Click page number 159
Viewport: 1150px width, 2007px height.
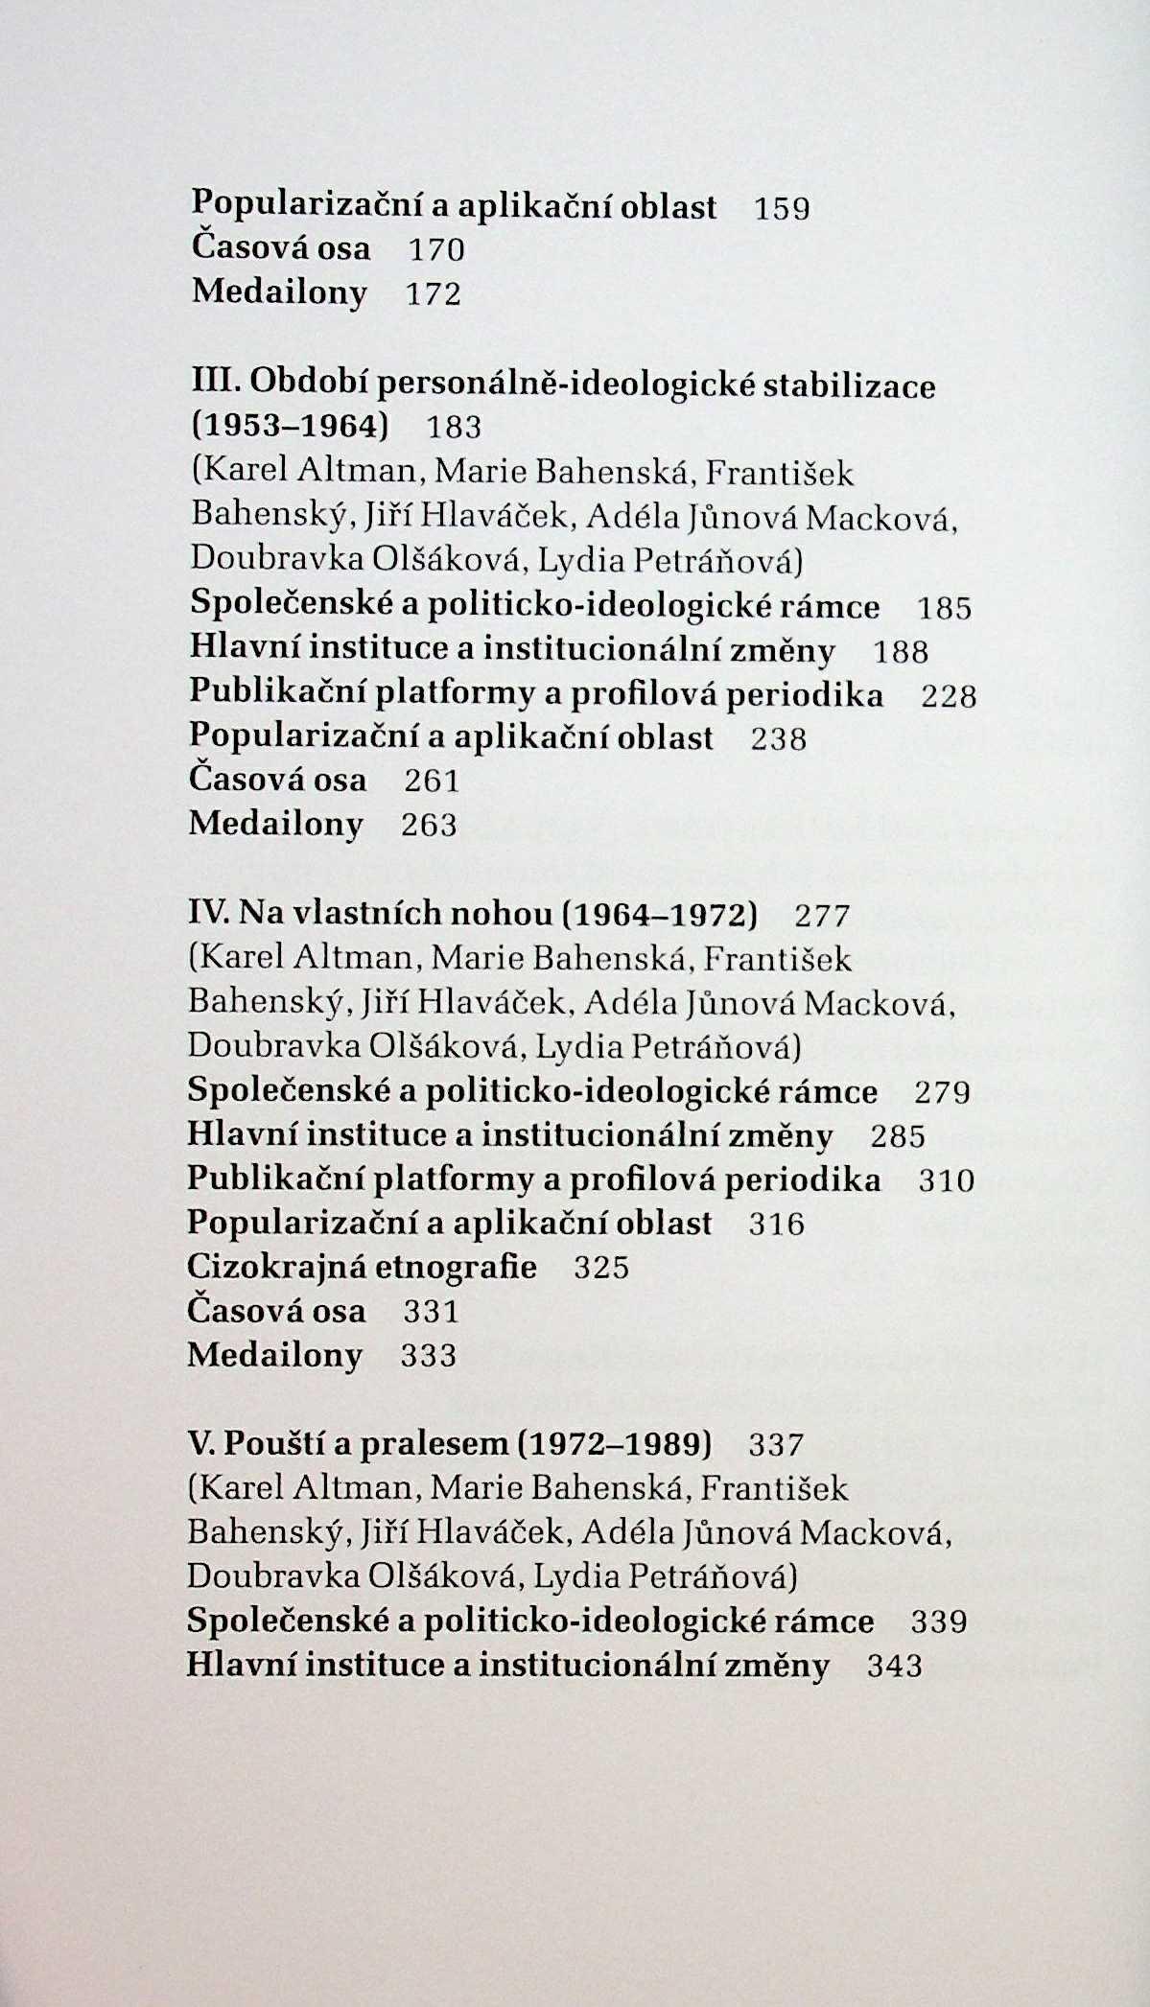point(782,208)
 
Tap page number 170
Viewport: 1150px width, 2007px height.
point(436,250)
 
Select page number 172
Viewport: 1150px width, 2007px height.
point(434,293)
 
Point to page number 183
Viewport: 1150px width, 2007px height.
point(454,427)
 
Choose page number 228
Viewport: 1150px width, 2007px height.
point(949,695)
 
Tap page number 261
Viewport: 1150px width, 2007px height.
point(432,781)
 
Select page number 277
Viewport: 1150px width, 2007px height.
point(823,916)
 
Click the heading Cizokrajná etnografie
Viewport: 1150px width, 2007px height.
point(362,1267)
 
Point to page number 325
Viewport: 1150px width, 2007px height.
point(601,1268)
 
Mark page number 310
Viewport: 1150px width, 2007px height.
point(946,1180)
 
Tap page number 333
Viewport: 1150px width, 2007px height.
point(429,1355)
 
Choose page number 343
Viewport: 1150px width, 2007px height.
point(895,1666)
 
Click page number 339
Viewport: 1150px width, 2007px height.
point(939,1622)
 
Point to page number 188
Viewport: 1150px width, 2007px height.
point(901,652)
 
